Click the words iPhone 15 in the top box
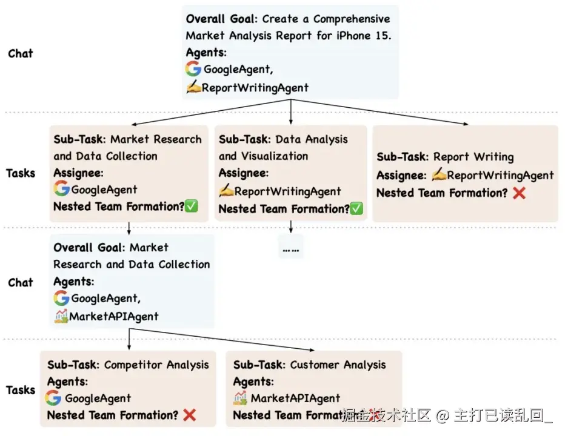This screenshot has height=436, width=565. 361,35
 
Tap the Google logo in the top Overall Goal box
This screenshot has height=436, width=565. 193,69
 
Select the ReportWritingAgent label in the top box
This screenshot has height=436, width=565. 255,88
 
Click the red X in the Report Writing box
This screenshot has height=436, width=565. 518,193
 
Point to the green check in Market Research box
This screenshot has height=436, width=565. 192,206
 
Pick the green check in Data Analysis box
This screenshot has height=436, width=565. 356,209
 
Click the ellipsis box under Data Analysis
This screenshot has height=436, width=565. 291,248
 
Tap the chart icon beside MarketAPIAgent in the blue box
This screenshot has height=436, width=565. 61,315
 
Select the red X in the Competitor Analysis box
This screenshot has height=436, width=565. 189,415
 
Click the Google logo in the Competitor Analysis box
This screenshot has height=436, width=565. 53,398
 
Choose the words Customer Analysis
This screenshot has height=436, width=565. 338,365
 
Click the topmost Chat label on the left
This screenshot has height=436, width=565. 21,53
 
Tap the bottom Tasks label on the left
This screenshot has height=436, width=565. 21,390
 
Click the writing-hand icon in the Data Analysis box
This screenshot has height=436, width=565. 226,191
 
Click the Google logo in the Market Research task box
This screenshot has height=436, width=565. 61,189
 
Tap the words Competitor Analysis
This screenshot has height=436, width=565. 156,365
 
